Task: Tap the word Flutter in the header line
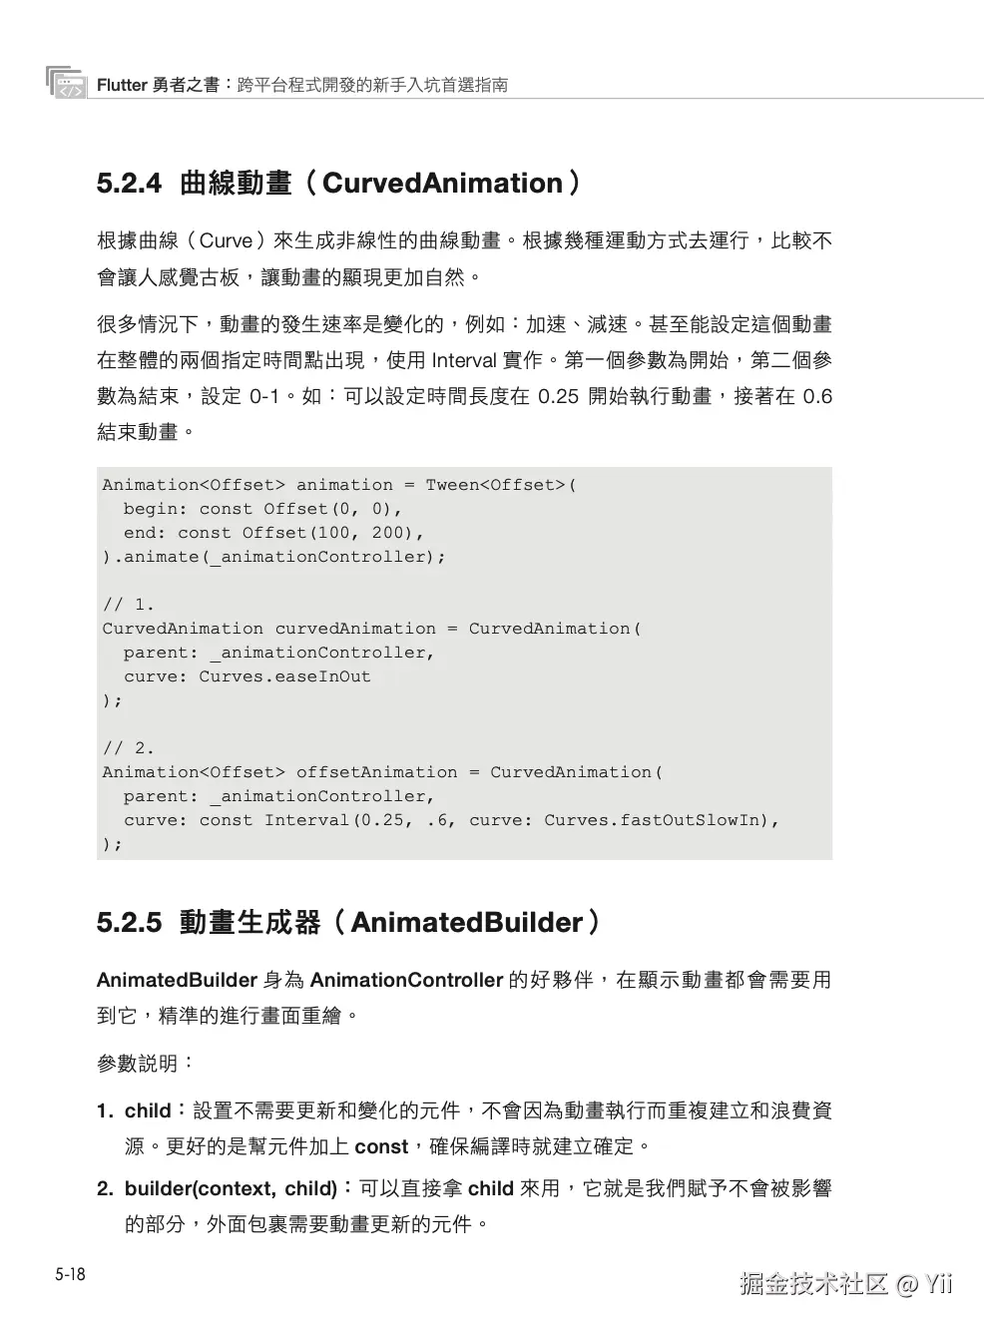click(122, 86)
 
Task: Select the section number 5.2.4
click(129, 184)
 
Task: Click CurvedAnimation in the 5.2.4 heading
click(442, 184)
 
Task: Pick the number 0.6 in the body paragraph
click(817, 396)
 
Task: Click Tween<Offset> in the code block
click(496, 485)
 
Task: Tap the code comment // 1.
click(129, 605)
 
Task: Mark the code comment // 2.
click(129, 748)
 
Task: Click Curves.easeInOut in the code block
click(284, 676)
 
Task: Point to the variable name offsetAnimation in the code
click(376, 772)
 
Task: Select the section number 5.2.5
click(129, 922)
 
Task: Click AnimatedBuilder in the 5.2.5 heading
click(466, 922)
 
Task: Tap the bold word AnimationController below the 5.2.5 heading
click(406, 980)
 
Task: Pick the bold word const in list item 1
click(381, 1146)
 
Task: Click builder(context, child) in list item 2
click(231, 1188)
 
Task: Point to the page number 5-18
click(70, 1274)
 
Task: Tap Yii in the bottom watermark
click(938, 1284)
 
